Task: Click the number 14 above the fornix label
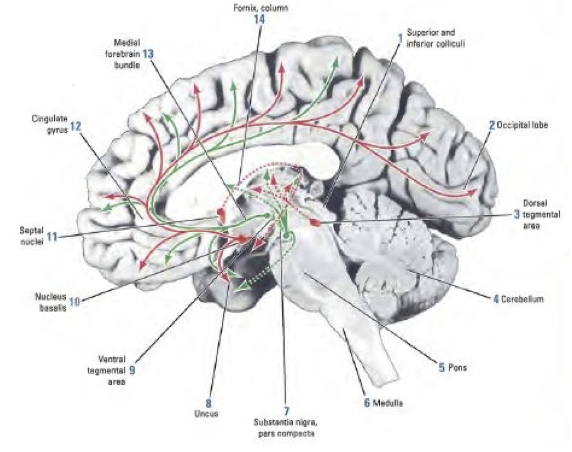(259, 19)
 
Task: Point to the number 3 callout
(517, 214)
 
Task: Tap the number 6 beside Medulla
(367, 403)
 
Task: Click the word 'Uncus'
(209, 413)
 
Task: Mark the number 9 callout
(132, 370)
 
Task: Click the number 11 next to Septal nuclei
(52, 236)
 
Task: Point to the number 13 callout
(148, 54)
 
